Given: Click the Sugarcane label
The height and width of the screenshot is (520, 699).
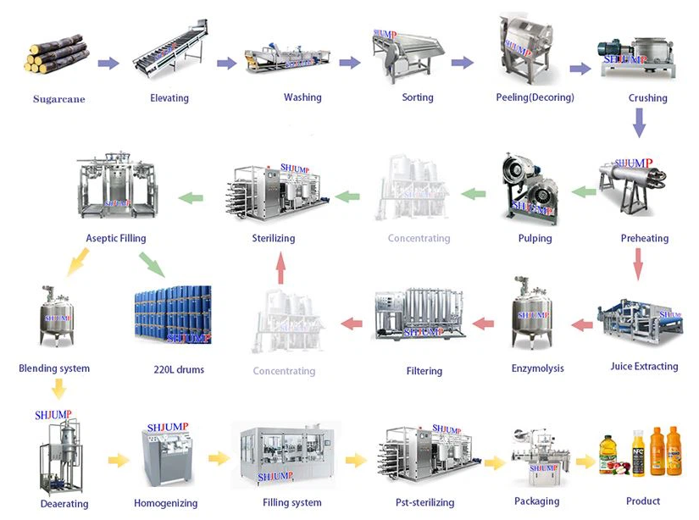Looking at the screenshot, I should [59, 99].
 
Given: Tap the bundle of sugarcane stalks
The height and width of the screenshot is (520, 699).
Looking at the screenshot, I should [57, 57].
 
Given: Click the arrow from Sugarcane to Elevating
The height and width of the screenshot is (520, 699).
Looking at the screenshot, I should [108, 63].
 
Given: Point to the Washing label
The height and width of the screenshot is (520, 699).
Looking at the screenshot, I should [302, 97].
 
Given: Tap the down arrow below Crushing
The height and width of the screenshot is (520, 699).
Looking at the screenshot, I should [640, 126].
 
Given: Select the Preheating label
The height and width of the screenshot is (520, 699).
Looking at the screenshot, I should [644, 238].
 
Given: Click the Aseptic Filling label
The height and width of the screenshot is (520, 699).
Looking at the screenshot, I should [116, 239].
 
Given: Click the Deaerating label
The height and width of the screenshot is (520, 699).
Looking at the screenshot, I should [64, 504].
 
